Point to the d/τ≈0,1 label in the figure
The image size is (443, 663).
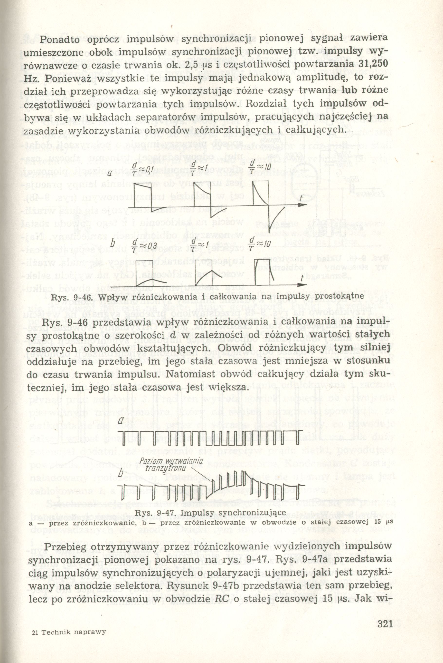[144, 170]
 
